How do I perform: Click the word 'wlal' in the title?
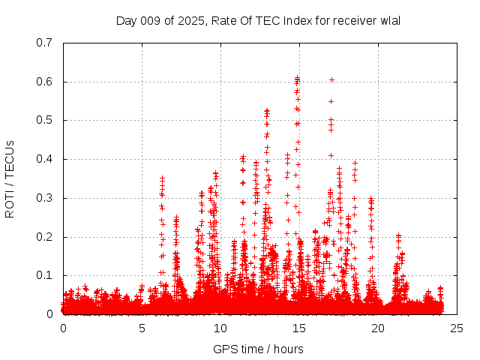pyautogui.click(x=390, y=20)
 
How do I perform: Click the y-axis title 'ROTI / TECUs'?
pyautogui.click(x=10, y=178)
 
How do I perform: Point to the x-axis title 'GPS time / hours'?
pyautogui.click(x=259, y=349)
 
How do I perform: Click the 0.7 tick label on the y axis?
pyautogui.click(x=44, y=43)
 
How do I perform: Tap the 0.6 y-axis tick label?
pyautogui.click(x=44, y=82)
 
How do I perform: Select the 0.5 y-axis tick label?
pyautogui.click(x=44, y=120)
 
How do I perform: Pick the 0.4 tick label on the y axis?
pyautogui.click(x=44, y=159)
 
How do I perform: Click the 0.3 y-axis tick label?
pyautogui.click(x=44, y=198)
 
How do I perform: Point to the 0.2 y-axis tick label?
pyautogui.click(x=44, y=237)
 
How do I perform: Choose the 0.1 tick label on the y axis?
pyautogui.click(x=44, y=275)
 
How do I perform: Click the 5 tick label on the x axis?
pyautogui.click(x=142, y=328)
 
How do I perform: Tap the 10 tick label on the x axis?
pyautogui.click(x=220, y=328)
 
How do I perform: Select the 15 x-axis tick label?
pyautogui.click(x=299, y=328)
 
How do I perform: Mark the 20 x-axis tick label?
pyautogui.click(x=378, y=328)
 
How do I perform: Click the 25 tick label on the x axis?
pyautogui.click(x=457, y=328)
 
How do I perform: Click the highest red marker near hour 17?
pyautogui.click(x=331, y=79)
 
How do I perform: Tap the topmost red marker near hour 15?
pyautogui.click(x=298, y=77)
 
